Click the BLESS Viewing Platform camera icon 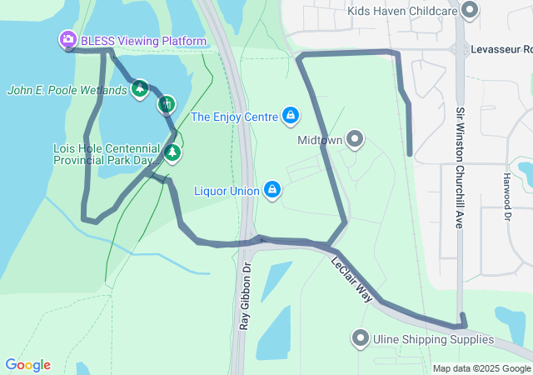[67, 40]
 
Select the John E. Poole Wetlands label [67, 90]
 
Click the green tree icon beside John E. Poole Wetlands [139, 88]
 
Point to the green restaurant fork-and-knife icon [167, 104]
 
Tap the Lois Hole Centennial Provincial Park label [103, 153]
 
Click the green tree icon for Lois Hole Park [172, 152]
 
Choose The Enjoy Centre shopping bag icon [291, 115]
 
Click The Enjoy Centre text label [234, 117]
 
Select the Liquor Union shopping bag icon [271, 191]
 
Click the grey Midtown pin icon [356, 139]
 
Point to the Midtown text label [320, 140]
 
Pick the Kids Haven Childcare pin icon [470, 10]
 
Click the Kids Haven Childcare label [403, 10]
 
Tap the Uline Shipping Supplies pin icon [360, 338]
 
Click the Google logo [27, 365]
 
